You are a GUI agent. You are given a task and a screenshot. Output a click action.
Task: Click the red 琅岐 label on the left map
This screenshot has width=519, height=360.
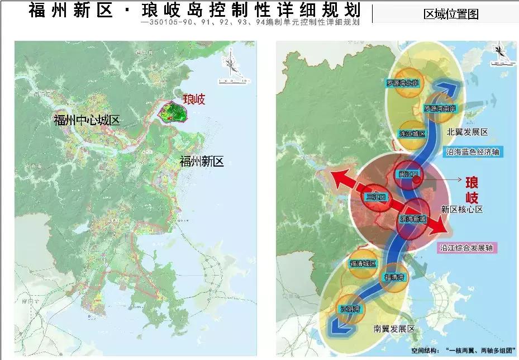194,100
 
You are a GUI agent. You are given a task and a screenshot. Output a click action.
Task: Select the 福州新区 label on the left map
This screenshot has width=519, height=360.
202,162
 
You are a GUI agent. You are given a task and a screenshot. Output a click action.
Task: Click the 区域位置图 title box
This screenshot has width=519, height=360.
451,14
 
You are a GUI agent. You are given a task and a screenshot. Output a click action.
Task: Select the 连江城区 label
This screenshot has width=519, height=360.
412,134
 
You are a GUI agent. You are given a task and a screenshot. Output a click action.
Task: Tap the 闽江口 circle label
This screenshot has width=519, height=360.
408,174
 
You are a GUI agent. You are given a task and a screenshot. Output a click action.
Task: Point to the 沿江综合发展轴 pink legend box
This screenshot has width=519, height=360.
461,247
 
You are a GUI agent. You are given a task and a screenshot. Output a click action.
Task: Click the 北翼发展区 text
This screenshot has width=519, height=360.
467,132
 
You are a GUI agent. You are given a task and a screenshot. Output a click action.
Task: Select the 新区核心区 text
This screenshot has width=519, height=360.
461,209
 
